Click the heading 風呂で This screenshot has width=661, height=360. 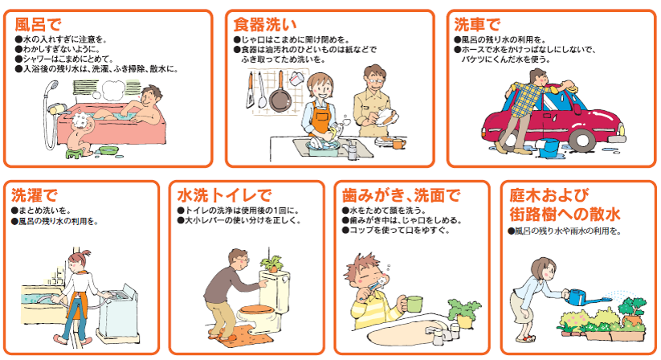pos(39,22)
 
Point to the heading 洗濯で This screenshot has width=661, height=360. pos(35,195)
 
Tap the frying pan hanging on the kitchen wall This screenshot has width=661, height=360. pos(279,96)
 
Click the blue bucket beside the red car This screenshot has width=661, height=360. pos(549,148)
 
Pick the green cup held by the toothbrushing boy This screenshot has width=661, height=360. pos(414,304)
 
